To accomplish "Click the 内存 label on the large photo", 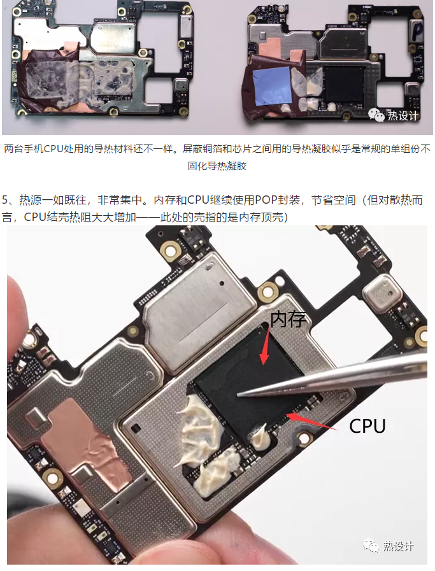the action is click(288, 319).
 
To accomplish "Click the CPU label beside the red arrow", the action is click(367, 426).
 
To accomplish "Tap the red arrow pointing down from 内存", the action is click(266, 345).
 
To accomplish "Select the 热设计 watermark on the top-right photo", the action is click(394, 115).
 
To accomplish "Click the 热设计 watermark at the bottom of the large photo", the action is click(389, 546).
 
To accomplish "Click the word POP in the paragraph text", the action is click(266, 200).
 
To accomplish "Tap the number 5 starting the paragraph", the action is click(5, 200).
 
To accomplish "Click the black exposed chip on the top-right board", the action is click(343, 85).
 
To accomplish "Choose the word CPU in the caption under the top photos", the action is click(53, 148).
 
